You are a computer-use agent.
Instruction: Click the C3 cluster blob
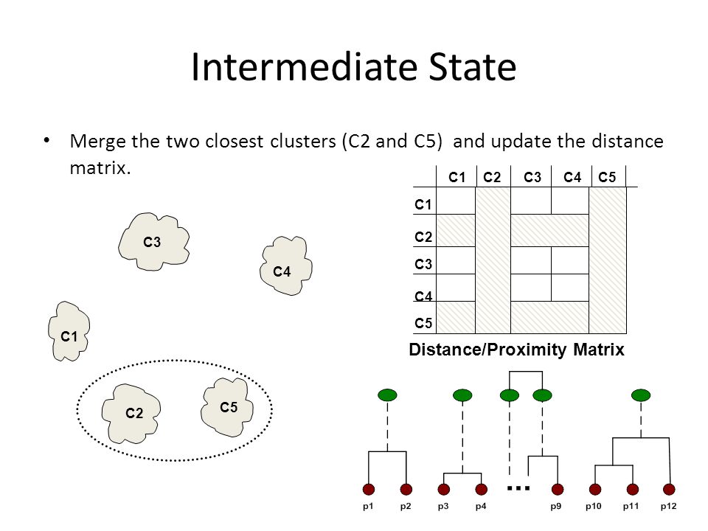click(153, 242)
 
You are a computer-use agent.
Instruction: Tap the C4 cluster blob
click(286, 265)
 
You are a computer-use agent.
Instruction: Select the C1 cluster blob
click(69, 331)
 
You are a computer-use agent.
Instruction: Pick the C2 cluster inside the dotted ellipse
click(131, 414)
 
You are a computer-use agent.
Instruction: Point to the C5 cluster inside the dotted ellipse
click(226, 407)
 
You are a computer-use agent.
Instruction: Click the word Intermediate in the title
click(305, 67)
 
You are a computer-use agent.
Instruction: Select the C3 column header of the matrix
click(532, 178)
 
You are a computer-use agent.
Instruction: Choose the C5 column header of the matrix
click(607, 178)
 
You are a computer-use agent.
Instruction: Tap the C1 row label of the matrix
click(423, 204)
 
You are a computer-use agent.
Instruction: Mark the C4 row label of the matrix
click(423, 296)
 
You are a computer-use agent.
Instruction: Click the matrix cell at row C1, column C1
click(456, 201)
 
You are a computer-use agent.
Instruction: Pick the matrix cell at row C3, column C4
click(570, 260)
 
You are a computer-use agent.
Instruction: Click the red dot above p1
click(369, 489)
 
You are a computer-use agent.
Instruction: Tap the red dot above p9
click(558, 489)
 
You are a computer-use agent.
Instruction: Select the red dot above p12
click(669, 489)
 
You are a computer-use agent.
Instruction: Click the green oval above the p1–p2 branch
click(387, 395)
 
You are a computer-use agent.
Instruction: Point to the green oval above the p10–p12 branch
click(641, 395)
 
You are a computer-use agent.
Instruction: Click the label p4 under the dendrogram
click(481, 507)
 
